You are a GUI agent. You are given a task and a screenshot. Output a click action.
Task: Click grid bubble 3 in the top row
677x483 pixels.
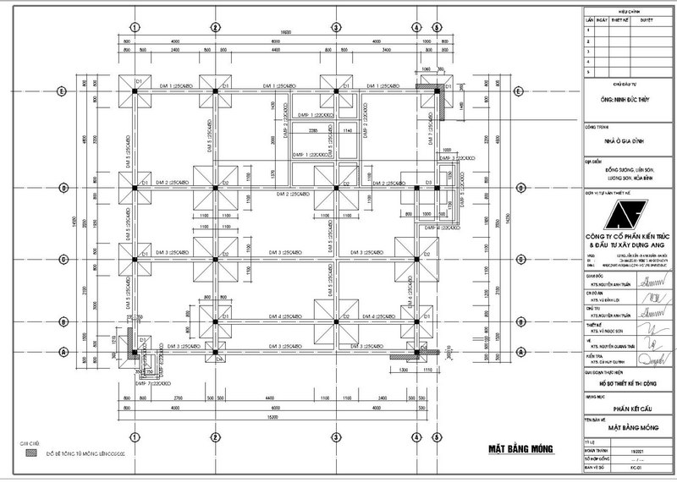[x=336, y=27]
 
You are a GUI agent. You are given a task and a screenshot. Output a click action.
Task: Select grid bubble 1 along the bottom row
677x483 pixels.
[x=134, y=437]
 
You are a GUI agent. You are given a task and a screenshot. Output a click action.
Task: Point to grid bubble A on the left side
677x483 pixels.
[x=61, y=351]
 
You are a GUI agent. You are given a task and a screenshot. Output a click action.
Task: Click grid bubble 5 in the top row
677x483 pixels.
[x=435, y=27]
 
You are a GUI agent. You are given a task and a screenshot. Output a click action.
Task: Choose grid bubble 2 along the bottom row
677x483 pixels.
[x=216, y=437]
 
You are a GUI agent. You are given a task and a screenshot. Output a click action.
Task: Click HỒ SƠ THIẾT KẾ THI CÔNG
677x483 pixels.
[x=624, y=382]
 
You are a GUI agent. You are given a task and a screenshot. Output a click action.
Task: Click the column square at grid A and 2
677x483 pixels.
[x=217, y=350]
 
